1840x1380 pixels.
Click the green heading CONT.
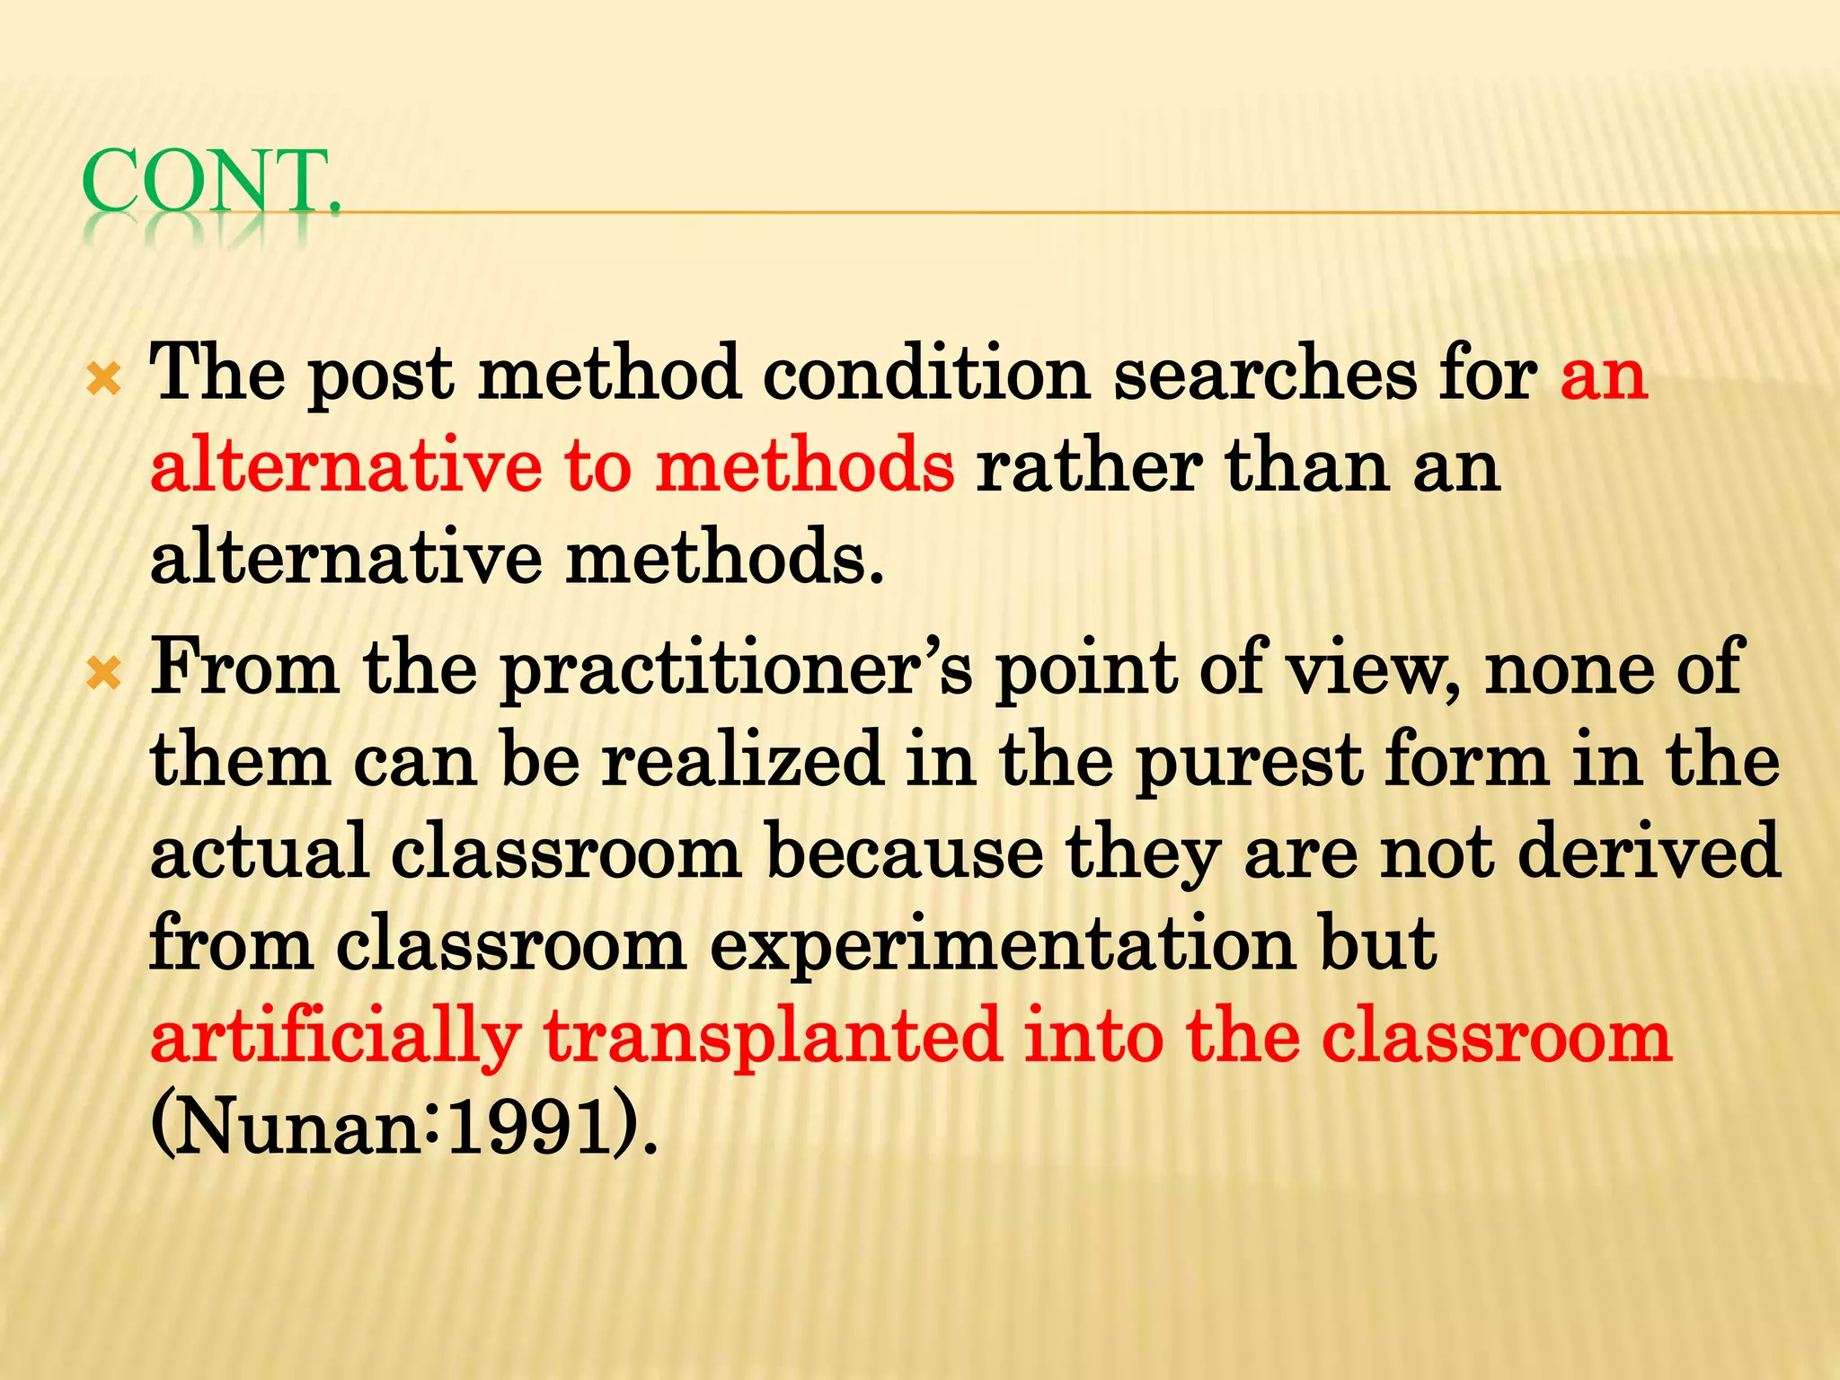pos(212,182)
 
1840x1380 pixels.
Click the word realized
pos(742,760)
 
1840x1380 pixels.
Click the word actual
pos(260,852)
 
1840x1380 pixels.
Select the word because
pos(904,852)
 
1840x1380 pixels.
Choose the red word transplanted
pos(772,1038)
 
